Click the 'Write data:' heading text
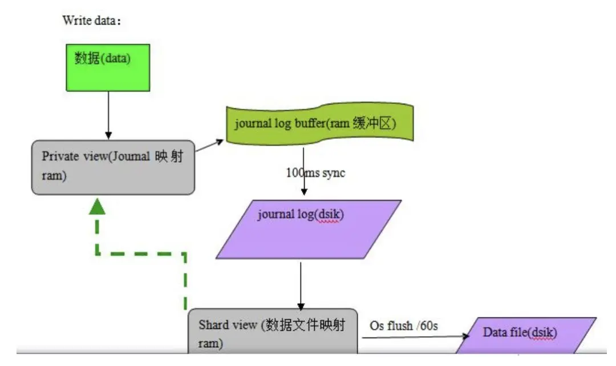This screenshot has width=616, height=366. point(91,21)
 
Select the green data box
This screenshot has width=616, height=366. point(108,67)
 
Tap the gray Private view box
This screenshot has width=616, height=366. point(113,166)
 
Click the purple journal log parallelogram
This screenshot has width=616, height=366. point(308,229)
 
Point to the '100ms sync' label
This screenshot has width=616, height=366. point(315,172)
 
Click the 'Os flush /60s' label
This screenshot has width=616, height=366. point(403,325)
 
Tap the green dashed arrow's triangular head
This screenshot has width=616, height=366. point(98,206)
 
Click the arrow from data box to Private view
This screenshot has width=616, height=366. point(108,114)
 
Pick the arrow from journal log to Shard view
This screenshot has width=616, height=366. point(301,285)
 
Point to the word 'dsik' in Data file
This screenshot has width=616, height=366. point(543,332)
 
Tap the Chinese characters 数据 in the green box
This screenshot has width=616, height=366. point(87,58)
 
